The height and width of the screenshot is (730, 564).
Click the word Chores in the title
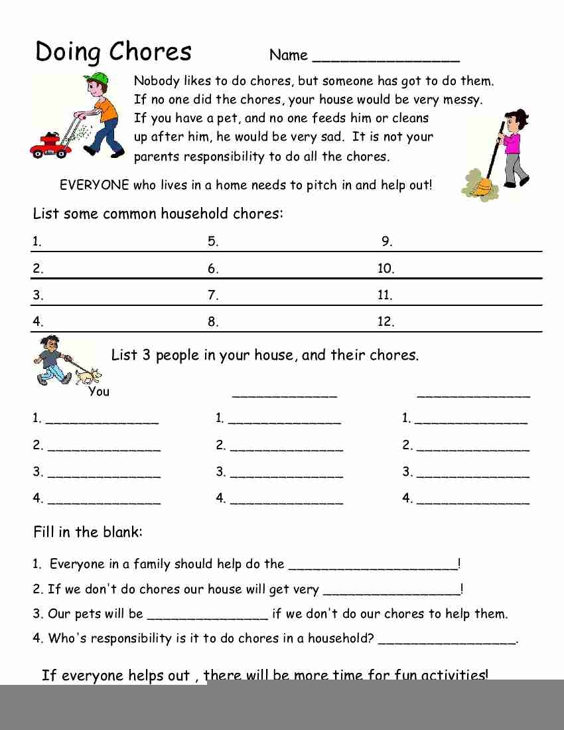[150, 52]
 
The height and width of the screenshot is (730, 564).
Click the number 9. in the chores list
[387, 242]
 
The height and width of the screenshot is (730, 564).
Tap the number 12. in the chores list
[386, 322]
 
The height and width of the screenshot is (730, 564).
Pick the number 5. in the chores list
[213, 242]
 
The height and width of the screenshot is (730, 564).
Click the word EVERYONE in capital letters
[94, 185]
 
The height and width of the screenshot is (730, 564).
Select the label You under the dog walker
[99, 392]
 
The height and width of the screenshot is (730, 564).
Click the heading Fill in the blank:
[88, 532]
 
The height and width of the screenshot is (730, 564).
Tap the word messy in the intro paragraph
[464, 100]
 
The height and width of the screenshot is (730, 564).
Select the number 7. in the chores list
[213, 295]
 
